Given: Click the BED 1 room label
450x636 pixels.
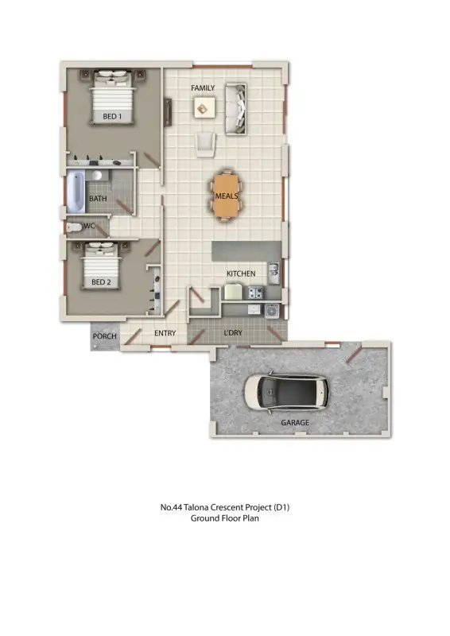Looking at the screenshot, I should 112,117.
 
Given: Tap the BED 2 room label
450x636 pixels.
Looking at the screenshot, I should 100,282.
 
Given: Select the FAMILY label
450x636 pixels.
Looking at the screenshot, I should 203,87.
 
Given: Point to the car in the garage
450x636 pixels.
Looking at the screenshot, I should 285,392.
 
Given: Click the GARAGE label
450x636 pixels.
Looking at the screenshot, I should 295,423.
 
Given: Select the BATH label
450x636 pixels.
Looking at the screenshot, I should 98,199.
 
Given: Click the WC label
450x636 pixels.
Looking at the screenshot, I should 90,226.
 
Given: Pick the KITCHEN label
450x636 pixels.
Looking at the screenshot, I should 241,273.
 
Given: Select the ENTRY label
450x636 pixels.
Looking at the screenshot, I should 165,334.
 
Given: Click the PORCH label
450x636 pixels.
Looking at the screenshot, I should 105,336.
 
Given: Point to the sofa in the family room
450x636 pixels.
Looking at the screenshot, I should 235,111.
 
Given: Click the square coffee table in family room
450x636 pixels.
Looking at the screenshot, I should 203,107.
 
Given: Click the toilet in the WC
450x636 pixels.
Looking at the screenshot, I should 74,227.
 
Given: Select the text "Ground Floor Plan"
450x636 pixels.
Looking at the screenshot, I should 225,518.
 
